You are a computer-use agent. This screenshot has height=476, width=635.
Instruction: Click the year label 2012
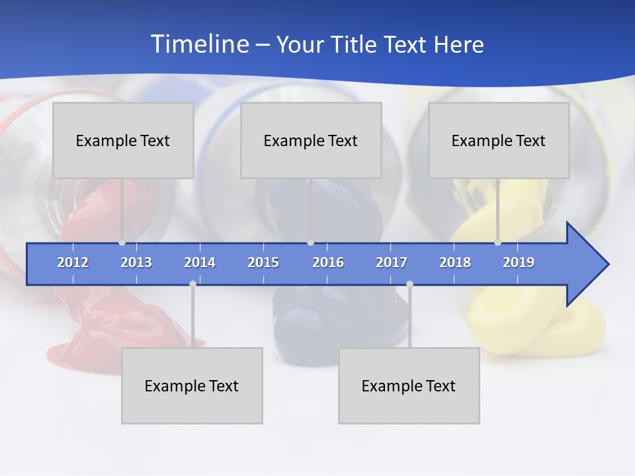pos(73,262)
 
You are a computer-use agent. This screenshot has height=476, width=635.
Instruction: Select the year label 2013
pos(136,262)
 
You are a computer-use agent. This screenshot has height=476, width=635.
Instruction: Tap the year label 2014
pos(200,262)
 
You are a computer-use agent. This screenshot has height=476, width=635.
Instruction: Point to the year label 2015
pos(263,262)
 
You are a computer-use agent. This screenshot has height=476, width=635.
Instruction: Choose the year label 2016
pos(328,262)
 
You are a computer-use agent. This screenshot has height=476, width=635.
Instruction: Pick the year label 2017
pos(392,262)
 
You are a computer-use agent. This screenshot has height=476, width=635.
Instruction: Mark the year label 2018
pos(455,262)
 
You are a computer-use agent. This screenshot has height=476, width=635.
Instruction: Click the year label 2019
pos(519,262)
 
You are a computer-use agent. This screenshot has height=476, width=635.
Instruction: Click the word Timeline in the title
pos(198,44)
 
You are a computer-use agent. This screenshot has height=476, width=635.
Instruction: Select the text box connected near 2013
pos(123,140)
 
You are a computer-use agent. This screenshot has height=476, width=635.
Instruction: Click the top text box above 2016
pos(311,140)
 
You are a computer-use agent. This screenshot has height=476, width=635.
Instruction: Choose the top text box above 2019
pos(499,140)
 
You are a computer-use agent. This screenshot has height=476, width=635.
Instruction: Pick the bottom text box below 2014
pos(192,385)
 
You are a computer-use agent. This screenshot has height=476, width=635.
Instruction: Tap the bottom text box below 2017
pos(409,385)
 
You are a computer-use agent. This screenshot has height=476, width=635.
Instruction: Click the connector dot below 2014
pos(192,284)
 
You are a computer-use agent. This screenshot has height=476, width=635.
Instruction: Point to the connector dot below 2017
pos(409,284)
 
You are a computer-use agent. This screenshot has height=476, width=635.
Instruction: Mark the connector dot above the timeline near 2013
pos(122,243)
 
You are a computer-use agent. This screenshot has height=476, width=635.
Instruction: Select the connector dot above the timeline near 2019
pos(497,243)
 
